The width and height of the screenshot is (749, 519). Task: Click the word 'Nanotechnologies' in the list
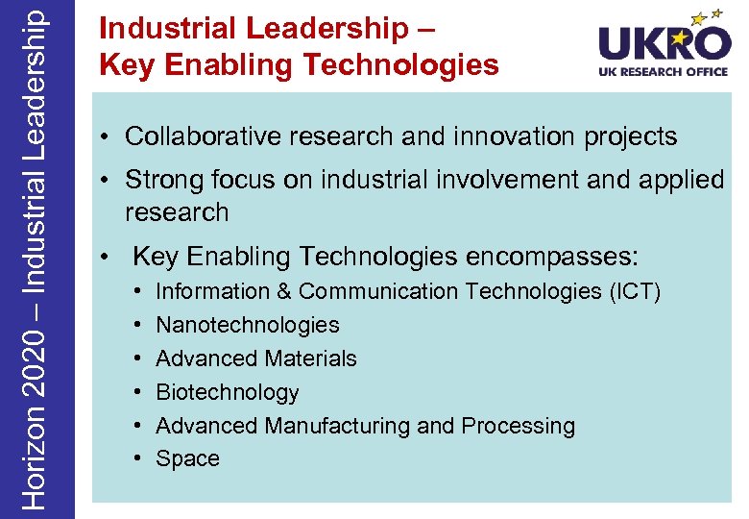pos(248,325)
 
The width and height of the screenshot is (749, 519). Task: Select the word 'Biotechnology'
pos(228,392)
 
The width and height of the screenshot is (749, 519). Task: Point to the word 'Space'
pos(187,458)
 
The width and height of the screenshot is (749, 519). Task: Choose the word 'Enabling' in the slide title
pos(222,64)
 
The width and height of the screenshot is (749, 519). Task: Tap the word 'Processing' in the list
pos(518,425)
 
